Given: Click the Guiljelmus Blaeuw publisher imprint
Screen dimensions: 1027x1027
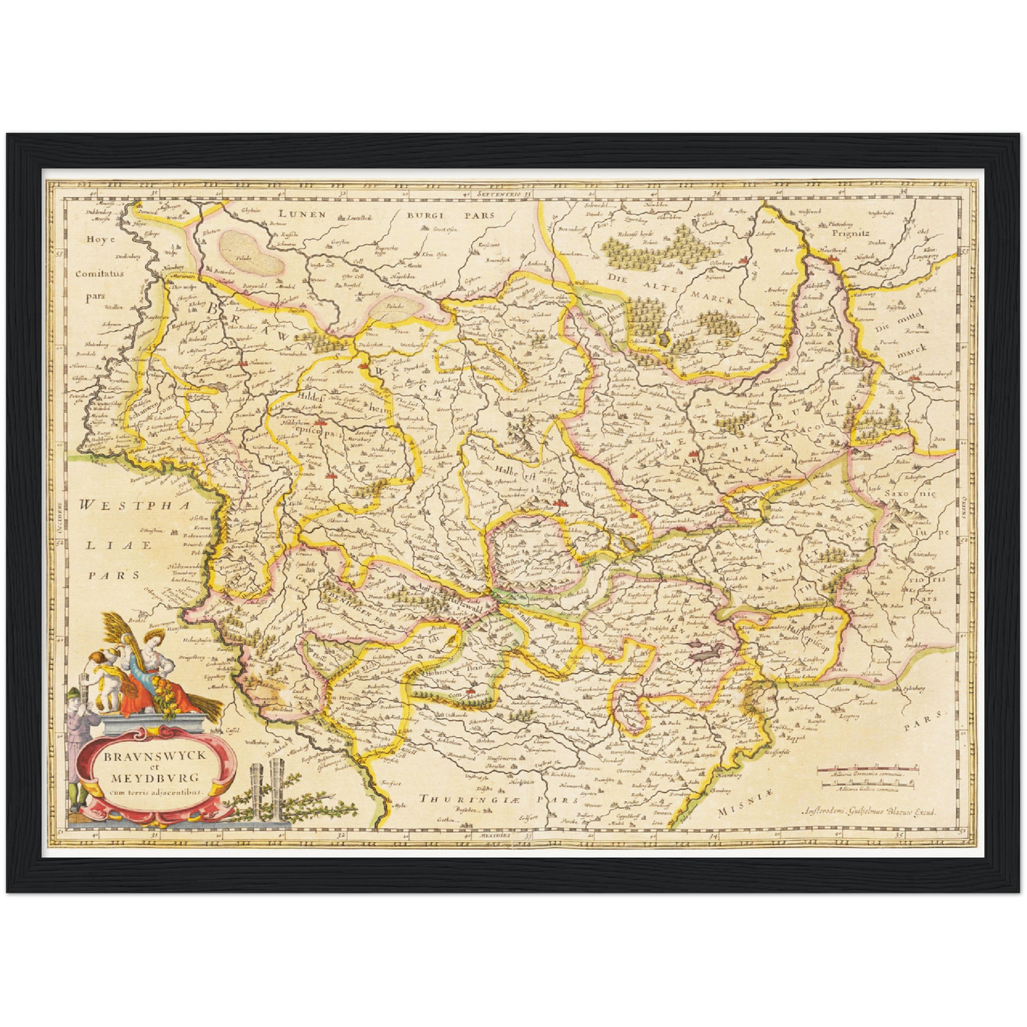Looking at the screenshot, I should [x=869, y=810].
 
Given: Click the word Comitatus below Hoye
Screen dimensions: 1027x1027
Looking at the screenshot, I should [x=100, y=272].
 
